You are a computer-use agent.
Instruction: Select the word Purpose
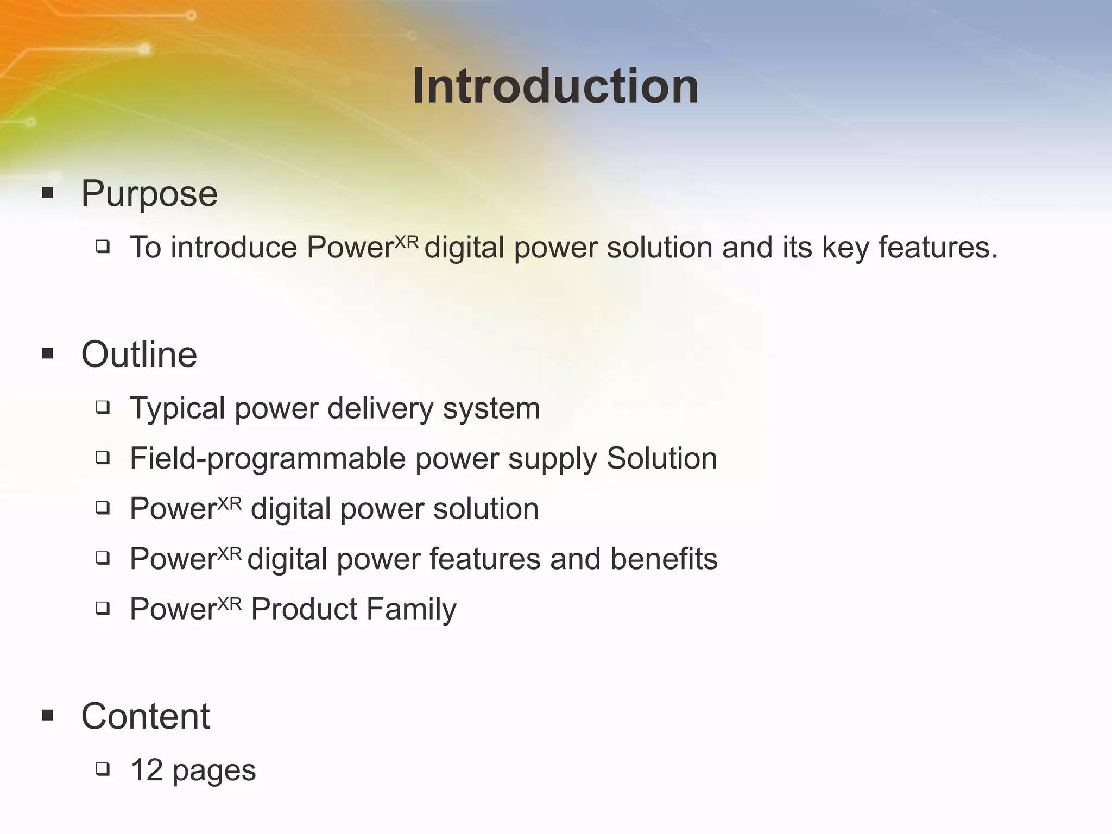149,193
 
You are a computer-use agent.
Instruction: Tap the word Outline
139,355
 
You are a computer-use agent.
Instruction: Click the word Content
145,716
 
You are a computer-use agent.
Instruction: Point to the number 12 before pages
147,770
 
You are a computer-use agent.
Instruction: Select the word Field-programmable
268,459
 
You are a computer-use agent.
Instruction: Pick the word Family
411,609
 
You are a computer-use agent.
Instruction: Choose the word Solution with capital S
661,458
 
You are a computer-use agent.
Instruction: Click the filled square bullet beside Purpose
48,193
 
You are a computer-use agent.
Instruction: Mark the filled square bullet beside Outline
48,354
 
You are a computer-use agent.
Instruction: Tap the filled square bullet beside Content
48,716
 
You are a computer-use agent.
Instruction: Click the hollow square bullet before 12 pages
103,769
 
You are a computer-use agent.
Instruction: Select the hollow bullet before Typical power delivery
103,407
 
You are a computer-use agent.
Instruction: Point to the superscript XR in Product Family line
229,603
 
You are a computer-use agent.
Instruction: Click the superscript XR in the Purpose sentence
407,242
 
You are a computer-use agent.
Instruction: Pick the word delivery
380,408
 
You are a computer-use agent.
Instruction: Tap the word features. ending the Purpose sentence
938,248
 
